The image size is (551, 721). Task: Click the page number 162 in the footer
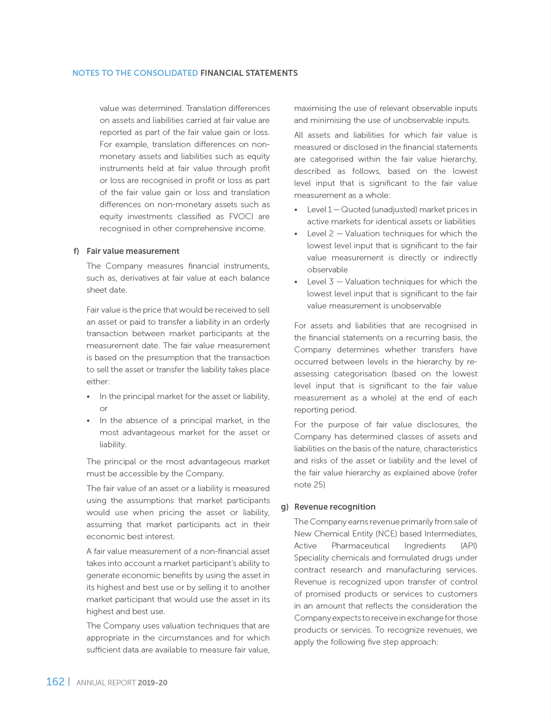pyautogui.click(x=56, y=682)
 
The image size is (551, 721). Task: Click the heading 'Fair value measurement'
pyautogui.click(x=133, y=251)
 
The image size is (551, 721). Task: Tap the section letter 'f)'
pyautogui.click(x=76, y=251)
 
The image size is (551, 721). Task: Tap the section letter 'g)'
pyautogui.click(x=285, y=507)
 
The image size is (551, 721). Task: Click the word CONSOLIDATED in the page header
pyautogui.click(x=166, y=73)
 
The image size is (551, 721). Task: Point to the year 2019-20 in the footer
pyautogui.click(x=153, y=683)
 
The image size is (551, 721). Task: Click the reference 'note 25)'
pyautogui.click(x=310, y=485)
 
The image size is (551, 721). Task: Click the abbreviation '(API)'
pyautogui.click(x=469, y=546)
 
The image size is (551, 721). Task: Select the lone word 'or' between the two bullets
pyautogui.click(x=103, y=408)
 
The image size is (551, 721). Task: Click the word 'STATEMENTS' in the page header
pyautogui.click(x=273, y=73)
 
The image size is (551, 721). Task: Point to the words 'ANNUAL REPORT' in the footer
pyautogui.click(x=106, y=683)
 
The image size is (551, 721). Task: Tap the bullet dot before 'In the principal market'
pyautogui.click(x=88, y=397)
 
